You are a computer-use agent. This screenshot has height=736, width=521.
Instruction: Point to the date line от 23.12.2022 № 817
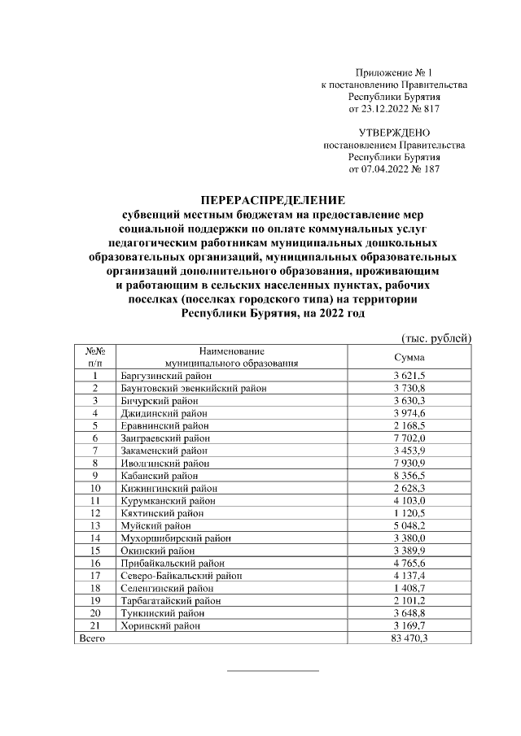(x=394, y=108)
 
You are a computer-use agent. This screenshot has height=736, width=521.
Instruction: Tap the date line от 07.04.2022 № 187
(x=394, y=169)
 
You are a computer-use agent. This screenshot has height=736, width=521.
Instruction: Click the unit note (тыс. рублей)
(x=437, y=338)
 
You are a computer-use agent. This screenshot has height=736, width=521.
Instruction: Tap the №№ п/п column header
(x=94, y=357)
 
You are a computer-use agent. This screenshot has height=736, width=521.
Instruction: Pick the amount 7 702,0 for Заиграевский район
(x=409, y=438)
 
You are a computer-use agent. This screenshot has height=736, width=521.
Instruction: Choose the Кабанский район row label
(x=157, y=475)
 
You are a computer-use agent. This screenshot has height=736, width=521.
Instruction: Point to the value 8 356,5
(x=409, y=475)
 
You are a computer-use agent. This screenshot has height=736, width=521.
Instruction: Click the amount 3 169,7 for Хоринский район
(x=409, y=626)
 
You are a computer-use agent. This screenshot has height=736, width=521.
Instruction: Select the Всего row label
(x=88, y=639)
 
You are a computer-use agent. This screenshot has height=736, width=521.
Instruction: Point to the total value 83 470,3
(x=409, y=639)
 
